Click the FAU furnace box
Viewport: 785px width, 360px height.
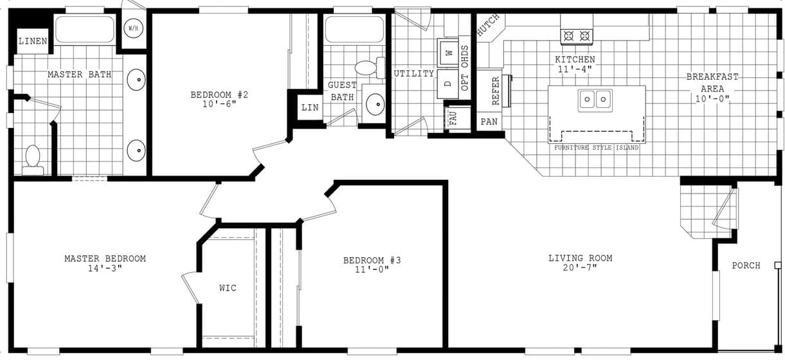453,118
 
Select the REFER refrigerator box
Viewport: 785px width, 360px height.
495,91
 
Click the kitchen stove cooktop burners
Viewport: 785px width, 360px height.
576,37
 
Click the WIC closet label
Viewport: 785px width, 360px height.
228,288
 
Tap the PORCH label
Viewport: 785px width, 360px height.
746,265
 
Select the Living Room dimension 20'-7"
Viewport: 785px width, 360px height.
580,268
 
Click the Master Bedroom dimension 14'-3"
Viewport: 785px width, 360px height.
105,269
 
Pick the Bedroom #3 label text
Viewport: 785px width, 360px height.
372,260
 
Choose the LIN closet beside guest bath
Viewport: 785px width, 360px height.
309,107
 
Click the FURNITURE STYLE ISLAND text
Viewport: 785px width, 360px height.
597,148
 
